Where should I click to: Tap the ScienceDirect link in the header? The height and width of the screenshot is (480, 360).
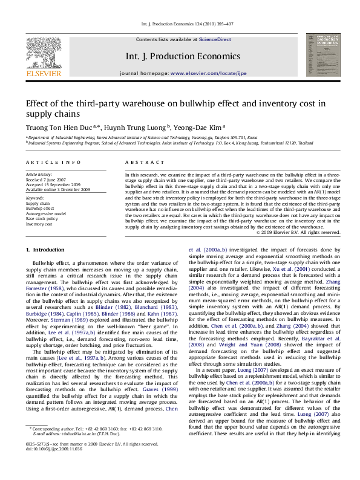click(215, 39)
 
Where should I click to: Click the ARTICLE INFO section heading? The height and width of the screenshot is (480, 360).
click(53, 163)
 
